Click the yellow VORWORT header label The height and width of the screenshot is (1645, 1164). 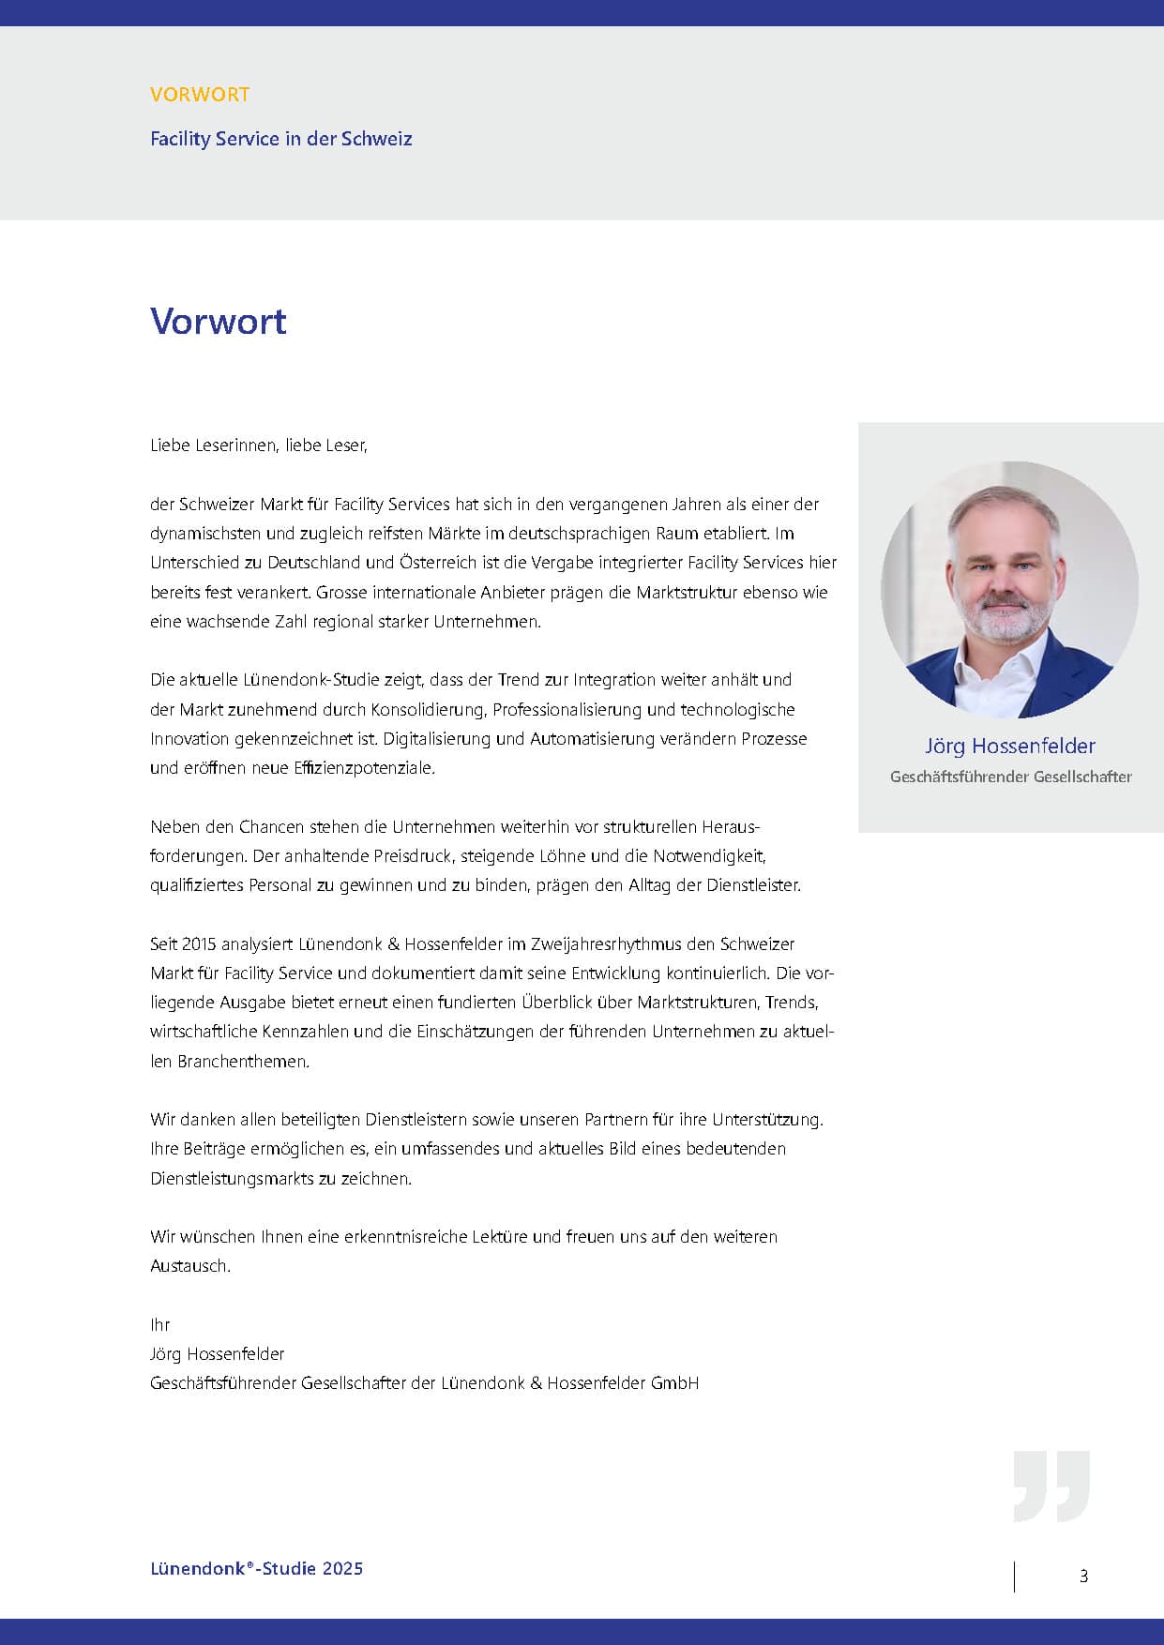click(x=200, y=94)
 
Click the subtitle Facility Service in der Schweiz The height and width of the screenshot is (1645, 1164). click(x=281, y=139)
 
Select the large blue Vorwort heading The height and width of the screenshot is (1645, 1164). click(x=219, y=321)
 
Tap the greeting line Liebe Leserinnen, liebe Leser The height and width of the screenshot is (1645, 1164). click(x=259, y=445)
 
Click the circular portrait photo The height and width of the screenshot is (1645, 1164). click(x=1010, y=590)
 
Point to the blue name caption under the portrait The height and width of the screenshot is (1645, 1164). click(x=1010, y=747)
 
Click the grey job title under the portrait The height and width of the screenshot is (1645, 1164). click(x=1010, y=777)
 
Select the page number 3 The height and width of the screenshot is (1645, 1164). click(x=1083, y=1577)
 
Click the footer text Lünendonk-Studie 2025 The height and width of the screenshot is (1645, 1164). click(x=256, y=1568)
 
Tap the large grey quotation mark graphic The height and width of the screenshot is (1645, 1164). click(x=1051, y=1486)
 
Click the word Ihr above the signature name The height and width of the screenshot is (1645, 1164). click(x=159, y=1324)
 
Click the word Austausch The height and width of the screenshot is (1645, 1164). click(x=189, y=1266)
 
